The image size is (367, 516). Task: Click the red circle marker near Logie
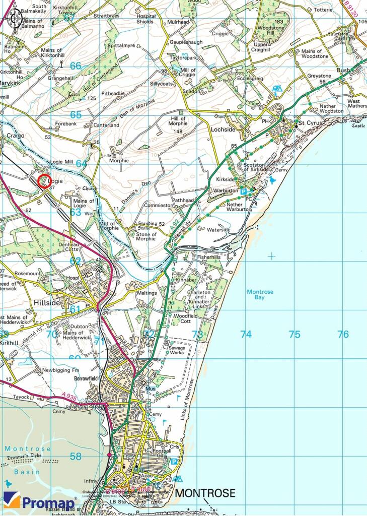click(44, 181)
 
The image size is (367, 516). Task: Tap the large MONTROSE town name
click(205, 493)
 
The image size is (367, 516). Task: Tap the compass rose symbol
click(13, 19)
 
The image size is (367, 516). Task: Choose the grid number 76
click(343, 335)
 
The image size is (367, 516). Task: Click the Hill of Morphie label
click(177, 121)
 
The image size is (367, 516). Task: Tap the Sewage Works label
click(177, 351)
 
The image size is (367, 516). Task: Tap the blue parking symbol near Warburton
click(244, 192)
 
